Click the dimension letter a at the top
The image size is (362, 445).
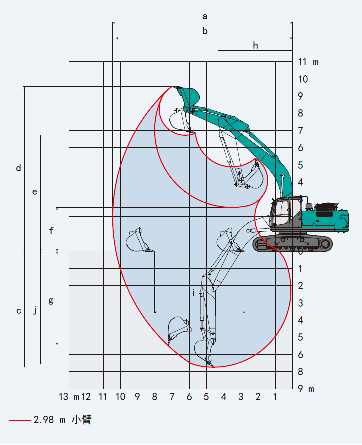[205, 16]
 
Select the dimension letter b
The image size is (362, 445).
[205, 31]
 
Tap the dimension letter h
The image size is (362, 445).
[256, 46]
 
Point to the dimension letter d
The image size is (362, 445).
[18, 168]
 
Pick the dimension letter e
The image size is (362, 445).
[35, 192]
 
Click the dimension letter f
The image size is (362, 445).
[51, 230]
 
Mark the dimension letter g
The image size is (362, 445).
[51, 301]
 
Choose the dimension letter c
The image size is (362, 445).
[19, 311]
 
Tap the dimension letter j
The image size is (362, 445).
[35, 310]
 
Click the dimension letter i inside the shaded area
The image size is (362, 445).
[193, 293]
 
